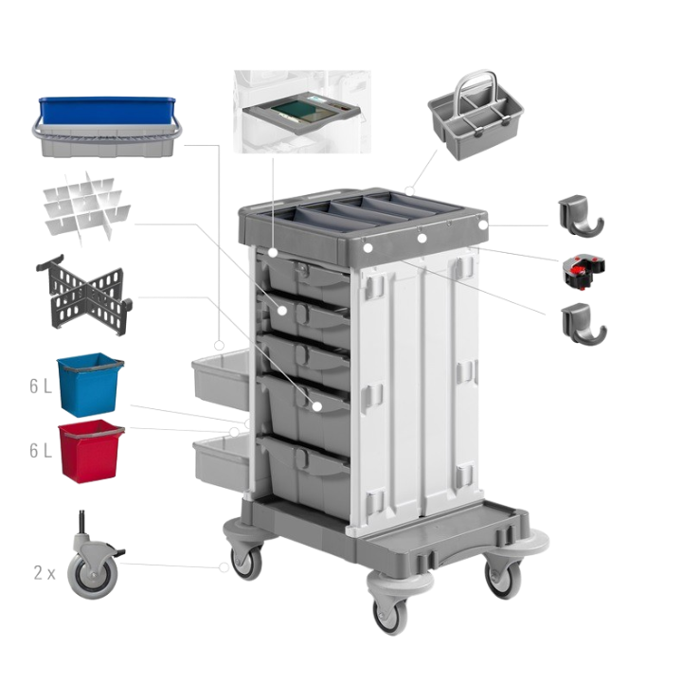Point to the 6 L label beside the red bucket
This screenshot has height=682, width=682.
pyautogui.click(x=39, y=451)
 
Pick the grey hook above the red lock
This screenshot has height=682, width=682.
pyautogui.click(x=580, y=215)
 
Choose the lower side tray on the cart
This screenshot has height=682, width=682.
pyautogui.click(x=219, y=458)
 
